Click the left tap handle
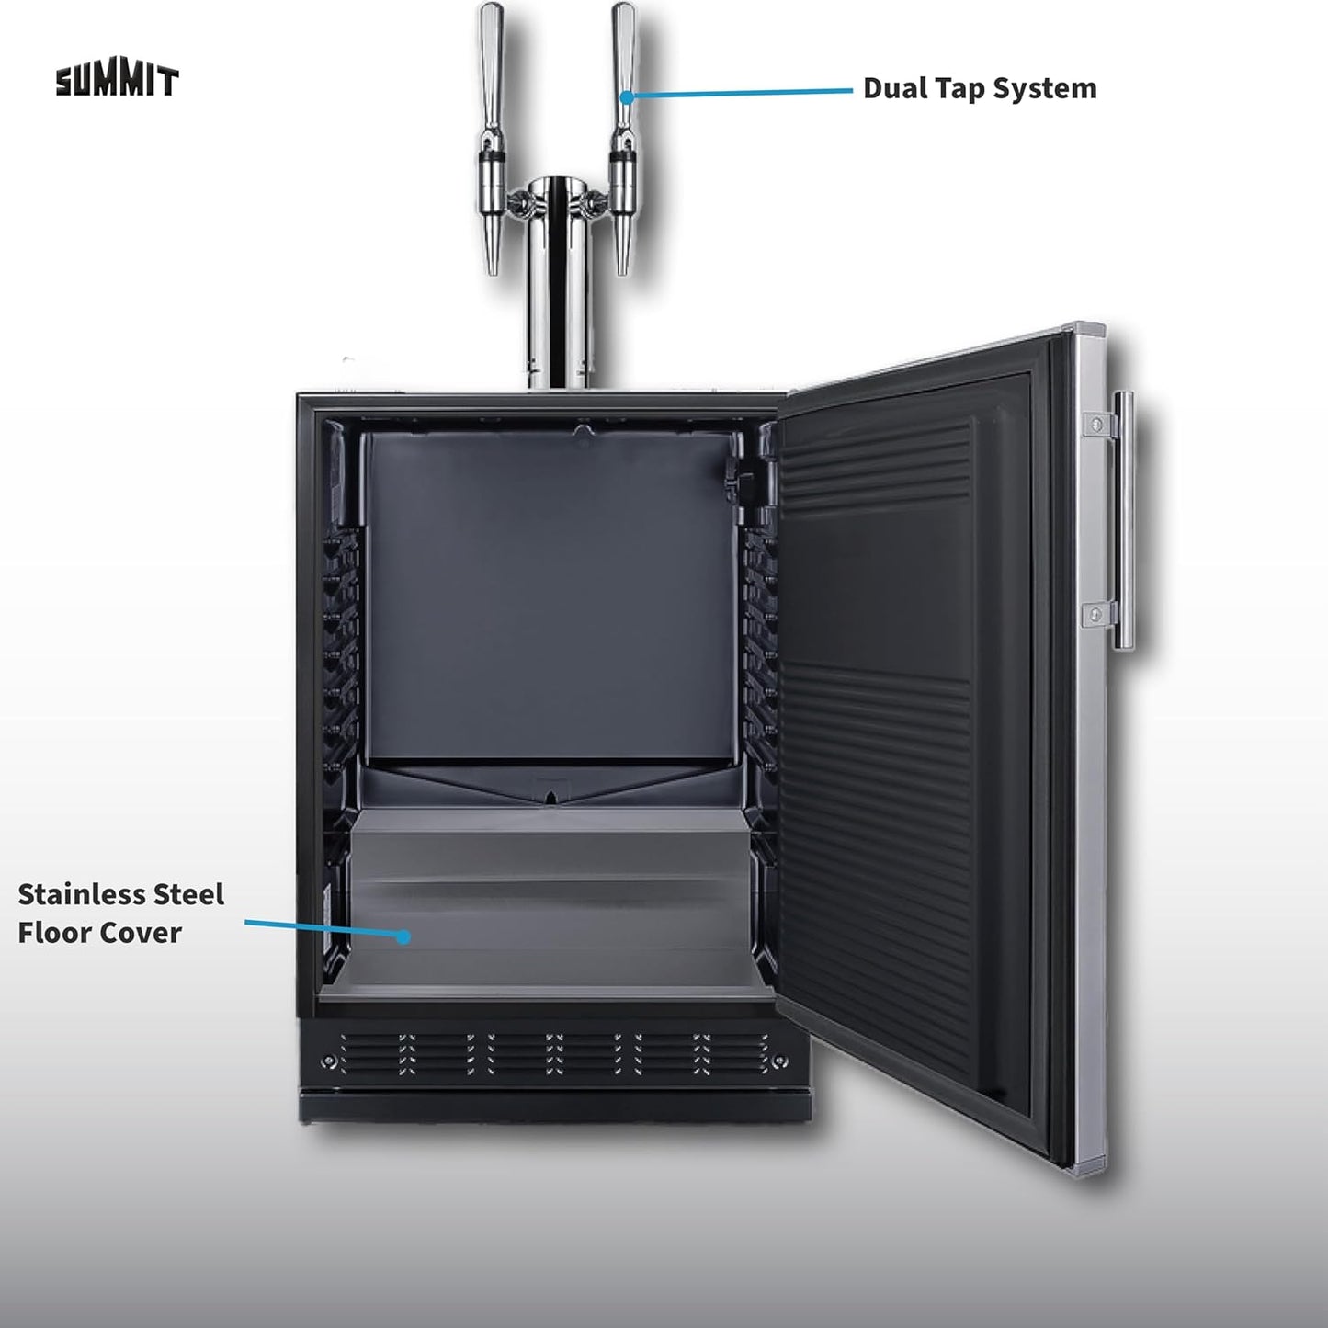[492, 65]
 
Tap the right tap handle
[624, 65]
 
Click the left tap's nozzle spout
[493, 245]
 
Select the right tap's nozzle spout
[623, 245]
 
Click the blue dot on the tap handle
[627, 97]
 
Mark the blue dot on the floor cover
[403, 936]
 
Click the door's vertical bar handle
[1124, 520]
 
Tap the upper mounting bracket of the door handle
[1098, 423]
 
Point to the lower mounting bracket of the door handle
[1098, 614]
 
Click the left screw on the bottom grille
[329, 1062]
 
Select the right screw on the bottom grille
[779, 1061]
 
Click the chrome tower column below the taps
[557, 289]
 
